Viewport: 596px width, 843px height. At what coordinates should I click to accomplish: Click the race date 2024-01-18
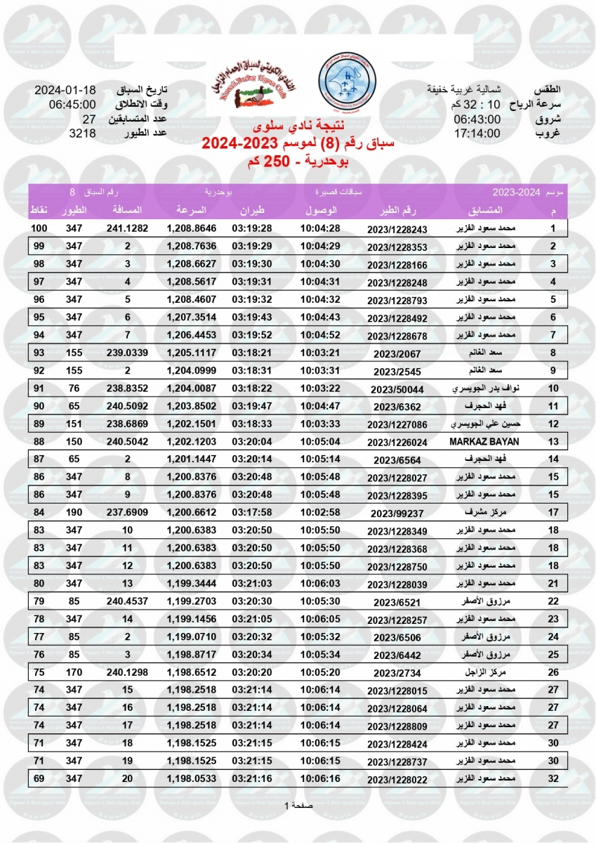(x=65, y=91)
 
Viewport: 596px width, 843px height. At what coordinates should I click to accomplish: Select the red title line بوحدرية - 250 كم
(x=298, y=162)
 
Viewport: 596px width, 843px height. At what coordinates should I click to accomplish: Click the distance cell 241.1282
(x=127, y=228)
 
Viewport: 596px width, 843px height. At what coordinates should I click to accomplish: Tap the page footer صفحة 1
(x=298, y=805)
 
